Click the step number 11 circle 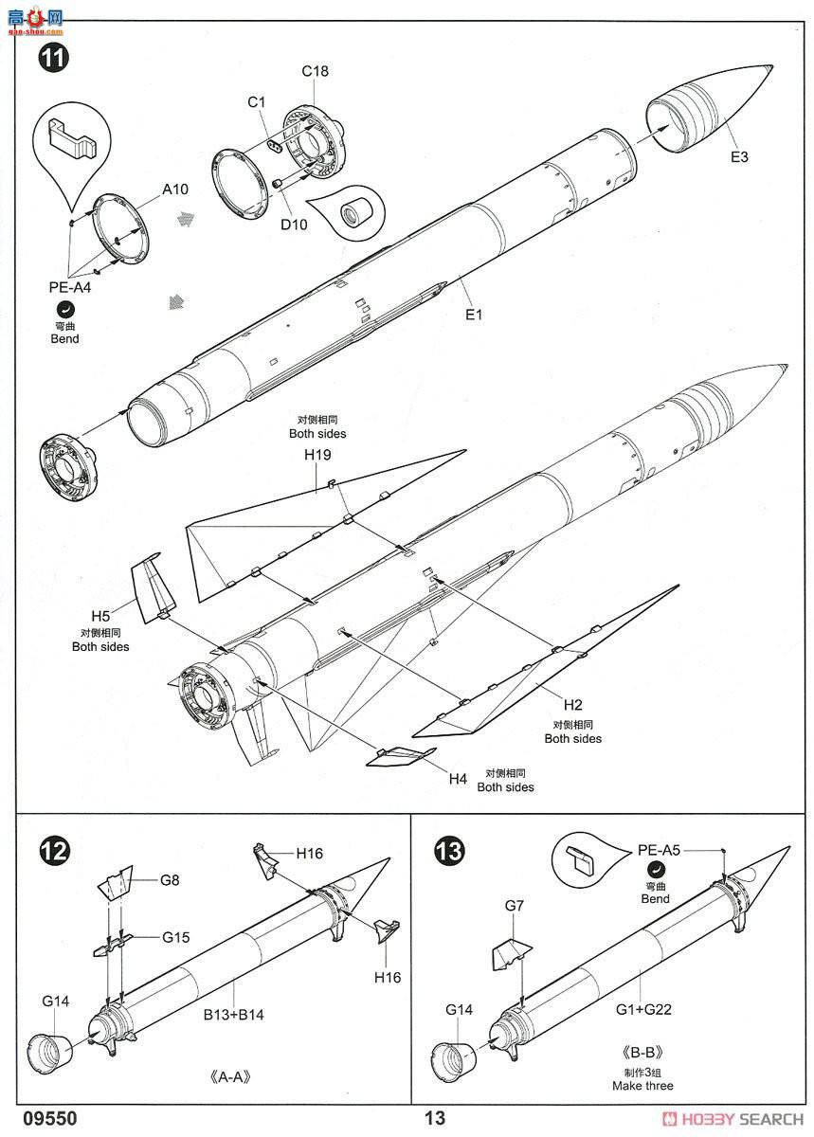(x=53, y=58)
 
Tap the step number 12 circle (x=53, y=851)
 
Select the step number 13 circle (x=449, y=851)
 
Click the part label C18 (x=315, y=71)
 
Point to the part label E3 (x=739, y=157)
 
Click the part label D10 (x=294, y=225)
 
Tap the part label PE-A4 (x=69, y=287)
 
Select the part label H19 (x=317, y=455)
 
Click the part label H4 (x=458, y=779)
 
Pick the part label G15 (x=175, y=937)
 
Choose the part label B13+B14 (x=234, y=1015)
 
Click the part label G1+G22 (x=643, y=1010)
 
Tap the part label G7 (x=514, y=906)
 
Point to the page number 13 (x=435, y=1118)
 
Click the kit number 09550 (x=50, y=1118)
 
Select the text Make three (x=642, y=1086)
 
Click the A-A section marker (x=230, y=1076)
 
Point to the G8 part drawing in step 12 (x=116, y=883)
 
